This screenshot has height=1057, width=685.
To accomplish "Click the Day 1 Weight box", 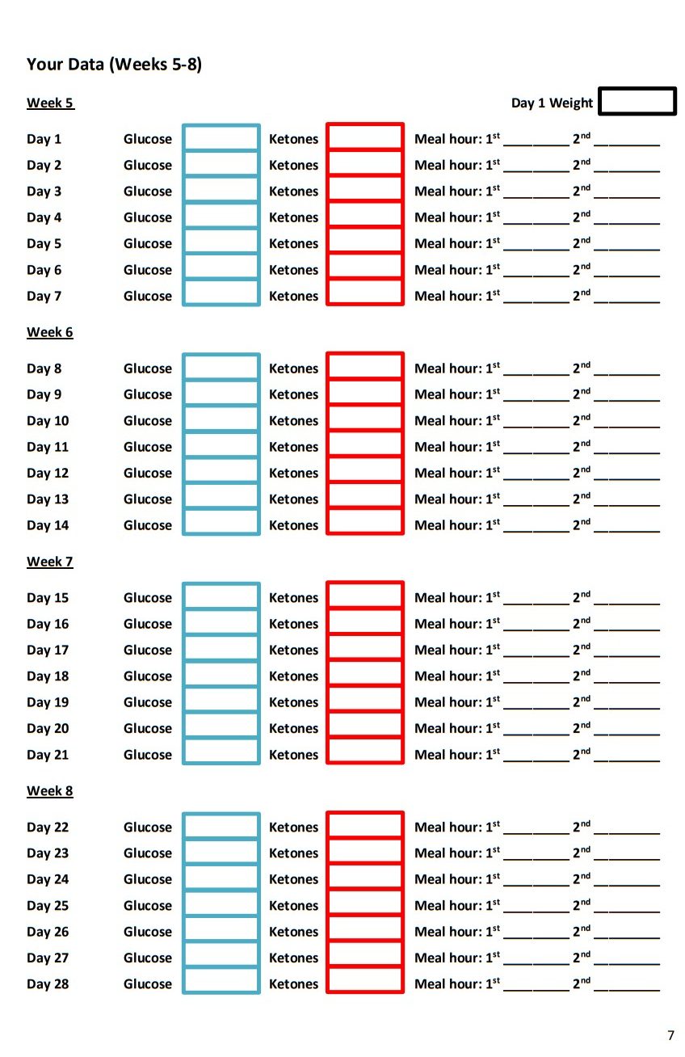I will pyautogui.click(x=637, y=102).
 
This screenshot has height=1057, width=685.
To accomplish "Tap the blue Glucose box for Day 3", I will pyautogui.click(x=221, y=191).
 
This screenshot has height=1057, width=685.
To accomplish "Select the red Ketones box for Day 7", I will pyautogui.click(x=365, y=293).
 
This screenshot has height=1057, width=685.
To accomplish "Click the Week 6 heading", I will pyautogui.click(x=50, y=332).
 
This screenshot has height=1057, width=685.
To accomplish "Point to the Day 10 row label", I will pyautogui.click(x=48, y=421).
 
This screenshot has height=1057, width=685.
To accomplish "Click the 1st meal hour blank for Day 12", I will pyautogui.click(x=536, y=474).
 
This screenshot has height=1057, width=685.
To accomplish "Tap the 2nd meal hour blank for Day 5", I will pyautogui.click(x=627, y=245).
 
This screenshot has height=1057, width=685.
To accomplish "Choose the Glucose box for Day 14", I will pyautogui.click(x=221, y=522).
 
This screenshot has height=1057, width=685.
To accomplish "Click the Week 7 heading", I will pyautogui.click(x=50, y=562).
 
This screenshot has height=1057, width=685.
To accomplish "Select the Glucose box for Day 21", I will pyautogui.click(x=221, y=752).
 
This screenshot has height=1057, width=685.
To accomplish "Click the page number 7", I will pyautogui.click(x=670, y=1035).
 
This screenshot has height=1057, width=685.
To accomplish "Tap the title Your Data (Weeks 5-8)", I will pyautogui.click(x=114, y=65).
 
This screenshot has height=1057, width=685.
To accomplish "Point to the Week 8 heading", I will pyautogui.click(x=50, y=791).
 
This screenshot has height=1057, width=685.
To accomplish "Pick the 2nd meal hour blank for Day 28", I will pyautogui.click(x=627, y=985).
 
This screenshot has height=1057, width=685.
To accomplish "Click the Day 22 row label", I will pyautogui.click(x=48, y=827).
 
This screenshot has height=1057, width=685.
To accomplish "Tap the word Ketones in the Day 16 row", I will pyautogui.click(x=293, y=624).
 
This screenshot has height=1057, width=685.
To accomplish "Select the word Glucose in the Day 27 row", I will pyautogui.click(x=148, y=958).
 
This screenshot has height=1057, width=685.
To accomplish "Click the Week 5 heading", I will pyautogui.click(x=50, y=103).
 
